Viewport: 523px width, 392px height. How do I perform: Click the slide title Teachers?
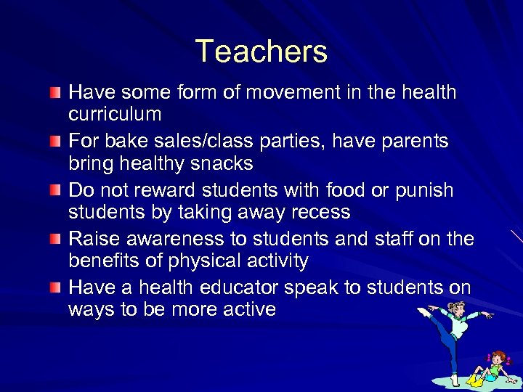click(261, 52)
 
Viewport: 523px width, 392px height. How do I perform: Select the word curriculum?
click(115, 115)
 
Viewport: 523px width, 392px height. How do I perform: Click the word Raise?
click(94, 239)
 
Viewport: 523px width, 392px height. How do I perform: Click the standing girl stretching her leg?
click(454, 334)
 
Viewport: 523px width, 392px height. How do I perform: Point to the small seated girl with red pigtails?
click(494, 367)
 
